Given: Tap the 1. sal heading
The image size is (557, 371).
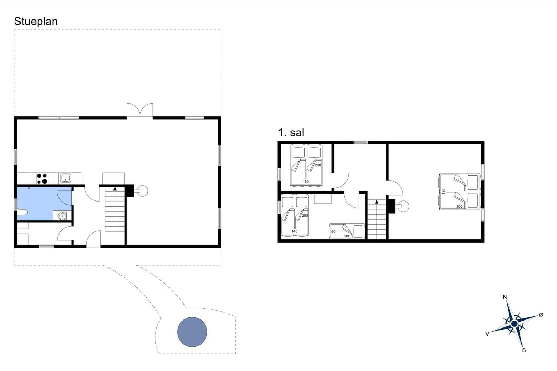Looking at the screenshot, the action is pyautogui.click(x=291, y=133).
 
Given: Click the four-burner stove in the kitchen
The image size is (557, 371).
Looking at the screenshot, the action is pyautogui.click(x=42, y=179).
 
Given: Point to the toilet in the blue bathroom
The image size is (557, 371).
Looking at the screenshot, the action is pyautogui.click(x=22, y=212).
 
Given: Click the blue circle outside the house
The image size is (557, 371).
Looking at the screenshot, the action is pyautogui.click(x=192, y=332).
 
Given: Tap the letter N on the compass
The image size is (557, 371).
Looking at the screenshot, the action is pyautogui.click(x=505, y=297).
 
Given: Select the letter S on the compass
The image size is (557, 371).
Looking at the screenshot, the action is pyautogui.click(x=524, y=350).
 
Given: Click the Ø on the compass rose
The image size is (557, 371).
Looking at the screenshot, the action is pyautogui.click(x=541, y=315).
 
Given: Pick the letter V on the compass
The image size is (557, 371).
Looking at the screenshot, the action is pyautogui.click(x=487, y=334).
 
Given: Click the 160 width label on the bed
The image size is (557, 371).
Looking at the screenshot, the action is pyautogui.click(x=306, y=182).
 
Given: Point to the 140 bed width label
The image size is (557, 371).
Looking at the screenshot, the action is pyautogui.click(x=294, y=231).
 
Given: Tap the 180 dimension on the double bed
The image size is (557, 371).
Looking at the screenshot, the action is pyautogui.click(x=444, y=191).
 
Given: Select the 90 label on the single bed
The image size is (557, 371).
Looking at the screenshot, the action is pyautogui.click(x=334, y=231).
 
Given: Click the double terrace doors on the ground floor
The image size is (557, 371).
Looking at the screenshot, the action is pyautogui.click(x=140, y=110).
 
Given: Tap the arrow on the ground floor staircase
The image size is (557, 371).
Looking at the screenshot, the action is pyautogui.click(x=115, y=189).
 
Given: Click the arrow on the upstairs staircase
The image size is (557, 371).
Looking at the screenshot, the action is pyautogui.click(x=377, y=202).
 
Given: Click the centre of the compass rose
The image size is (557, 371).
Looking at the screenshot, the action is pyautogui.click(x=514, y=324).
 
